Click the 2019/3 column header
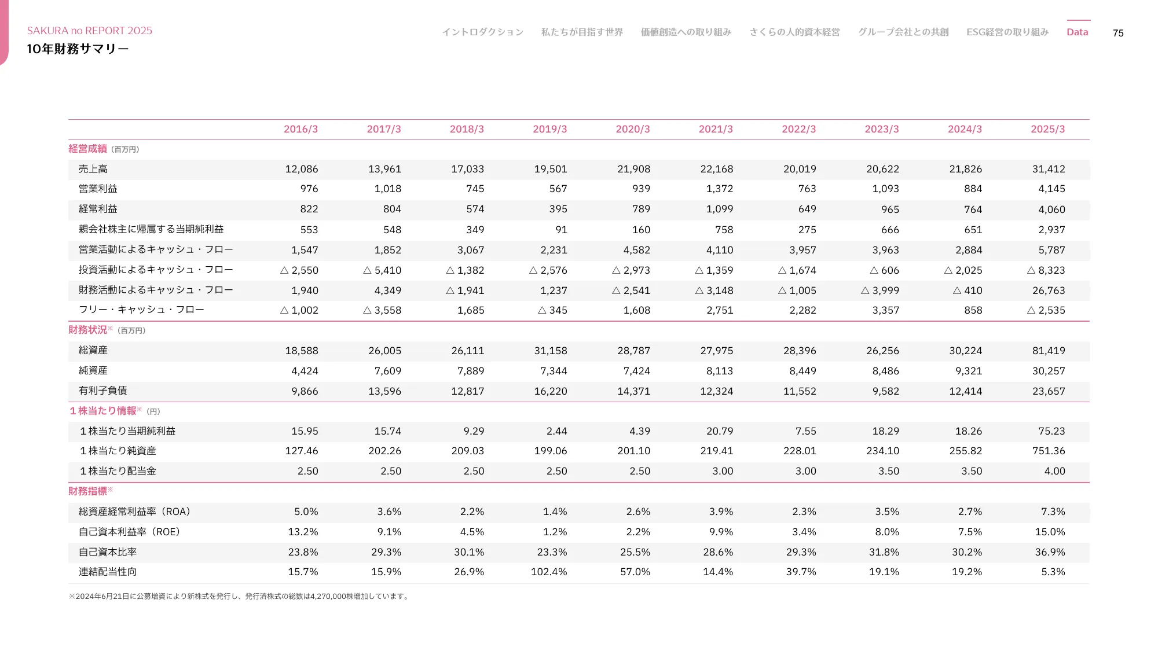coord(549,129)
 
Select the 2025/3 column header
coord(1047,129)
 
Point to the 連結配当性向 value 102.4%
coord(548,572)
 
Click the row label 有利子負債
coord(102,391)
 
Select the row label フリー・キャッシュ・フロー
coord(141,310)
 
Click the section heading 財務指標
coord(87,491)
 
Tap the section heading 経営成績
coord(87,149)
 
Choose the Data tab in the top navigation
coord(1077,32)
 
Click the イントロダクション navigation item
coord(482,32)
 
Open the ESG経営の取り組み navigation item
coord(1007,32)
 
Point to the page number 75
coord(1117,33)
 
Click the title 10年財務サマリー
coord(78,49)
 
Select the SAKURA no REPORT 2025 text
coord(90,31)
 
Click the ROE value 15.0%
coord(1049,532)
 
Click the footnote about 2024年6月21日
coord(239,596)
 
